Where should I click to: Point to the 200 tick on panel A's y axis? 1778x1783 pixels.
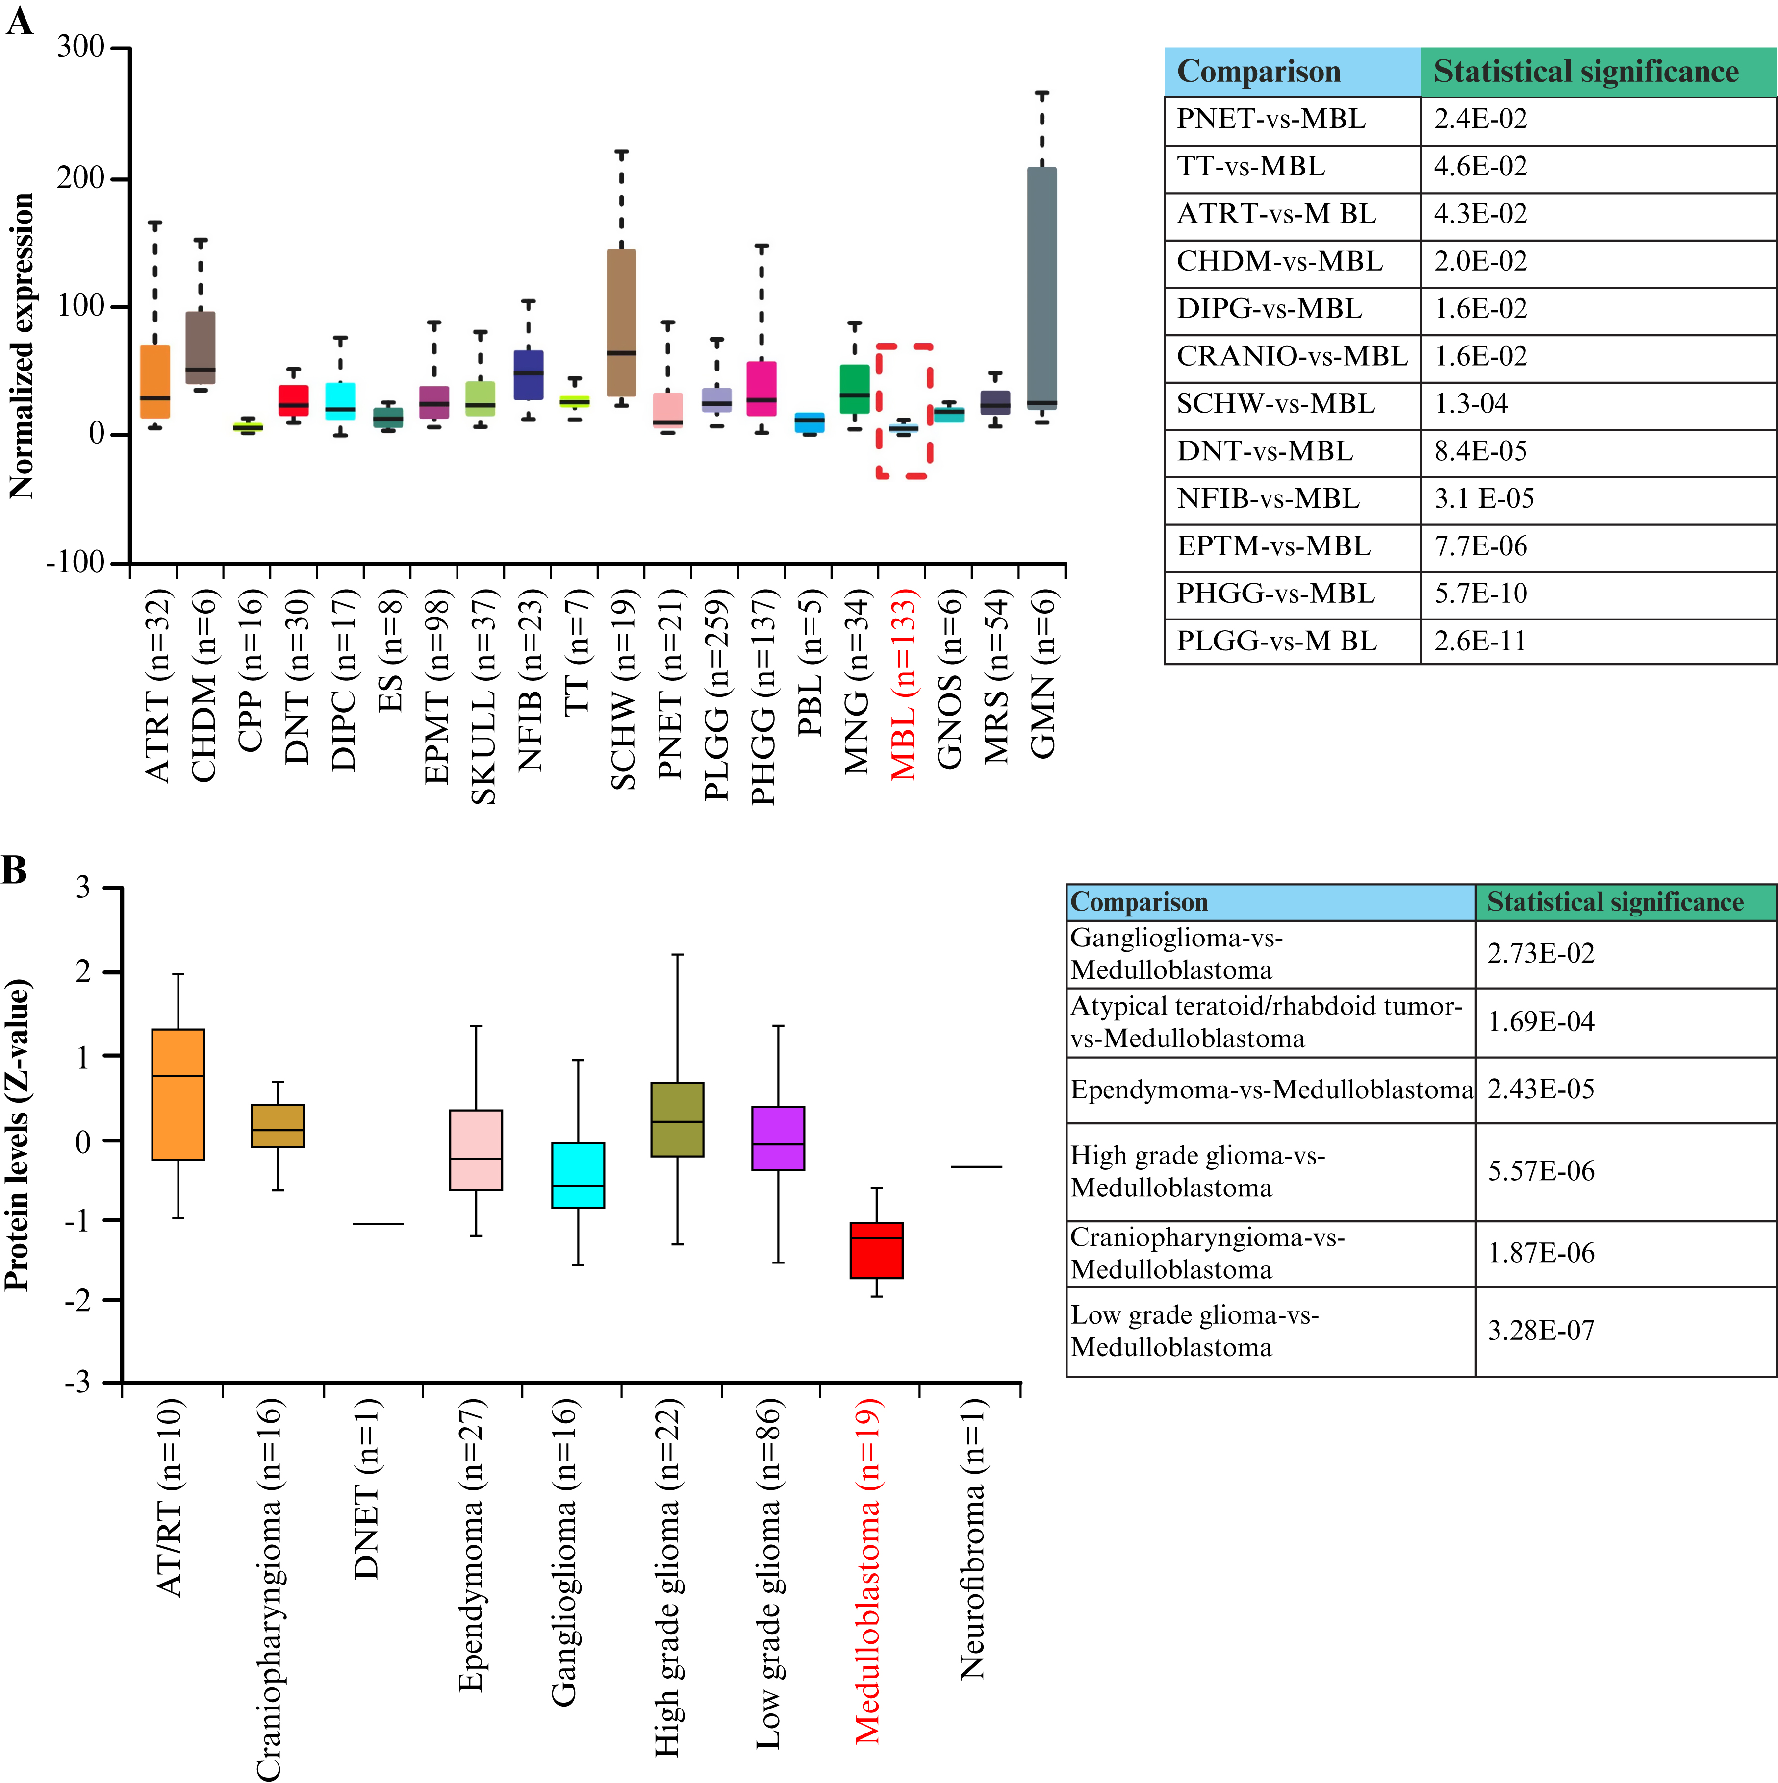pos(81,177)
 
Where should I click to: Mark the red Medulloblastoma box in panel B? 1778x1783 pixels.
pos(876,1250)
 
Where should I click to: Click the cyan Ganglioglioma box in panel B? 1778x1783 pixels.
pos(578,1175)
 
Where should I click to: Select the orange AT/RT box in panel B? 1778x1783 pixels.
pos(178,1093)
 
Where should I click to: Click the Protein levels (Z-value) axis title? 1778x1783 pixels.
pos(19,1135)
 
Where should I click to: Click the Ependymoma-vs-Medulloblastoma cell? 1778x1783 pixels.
pos(1270,1090)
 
